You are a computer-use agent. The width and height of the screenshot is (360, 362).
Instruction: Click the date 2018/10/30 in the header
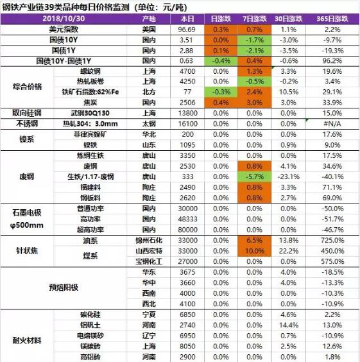(64, 19)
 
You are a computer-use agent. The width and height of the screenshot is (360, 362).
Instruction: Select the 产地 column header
(149, 19)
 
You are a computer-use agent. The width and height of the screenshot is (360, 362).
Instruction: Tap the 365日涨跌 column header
(332, 19)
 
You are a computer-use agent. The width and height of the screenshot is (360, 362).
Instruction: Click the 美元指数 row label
(64, 30)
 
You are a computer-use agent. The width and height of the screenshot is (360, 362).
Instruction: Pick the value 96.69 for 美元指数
(187, 30)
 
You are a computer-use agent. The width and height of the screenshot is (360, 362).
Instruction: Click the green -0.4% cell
(221, 61)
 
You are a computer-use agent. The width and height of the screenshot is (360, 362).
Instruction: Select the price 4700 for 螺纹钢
(187, 71)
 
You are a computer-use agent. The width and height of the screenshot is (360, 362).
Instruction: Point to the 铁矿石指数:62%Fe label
(90, 92)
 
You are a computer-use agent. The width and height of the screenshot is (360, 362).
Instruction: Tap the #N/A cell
(332, 124)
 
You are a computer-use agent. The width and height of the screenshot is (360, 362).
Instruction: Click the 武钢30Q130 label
(90, 113)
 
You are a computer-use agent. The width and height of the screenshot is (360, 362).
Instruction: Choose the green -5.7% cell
(255, 177)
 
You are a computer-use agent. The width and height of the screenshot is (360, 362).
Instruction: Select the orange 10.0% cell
(255, 251)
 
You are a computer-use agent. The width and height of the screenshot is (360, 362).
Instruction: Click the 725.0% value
(332, 240)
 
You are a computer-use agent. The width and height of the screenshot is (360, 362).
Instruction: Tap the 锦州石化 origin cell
(149, 240)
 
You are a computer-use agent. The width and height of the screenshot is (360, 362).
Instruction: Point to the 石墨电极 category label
(27, 212)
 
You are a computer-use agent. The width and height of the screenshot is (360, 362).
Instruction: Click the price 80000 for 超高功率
(187, 230)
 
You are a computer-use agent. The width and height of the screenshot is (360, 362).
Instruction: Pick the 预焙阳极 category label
(64, 288)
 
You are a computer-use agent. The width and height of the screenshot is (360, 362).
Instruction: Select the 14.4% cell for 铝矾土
(289, 325)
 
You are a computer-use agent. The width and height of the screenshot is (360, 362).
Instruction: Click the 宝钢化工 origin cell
(149, 262)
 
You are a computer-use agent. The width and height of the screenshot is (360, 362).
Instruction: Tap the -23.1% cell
(289, 177)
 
